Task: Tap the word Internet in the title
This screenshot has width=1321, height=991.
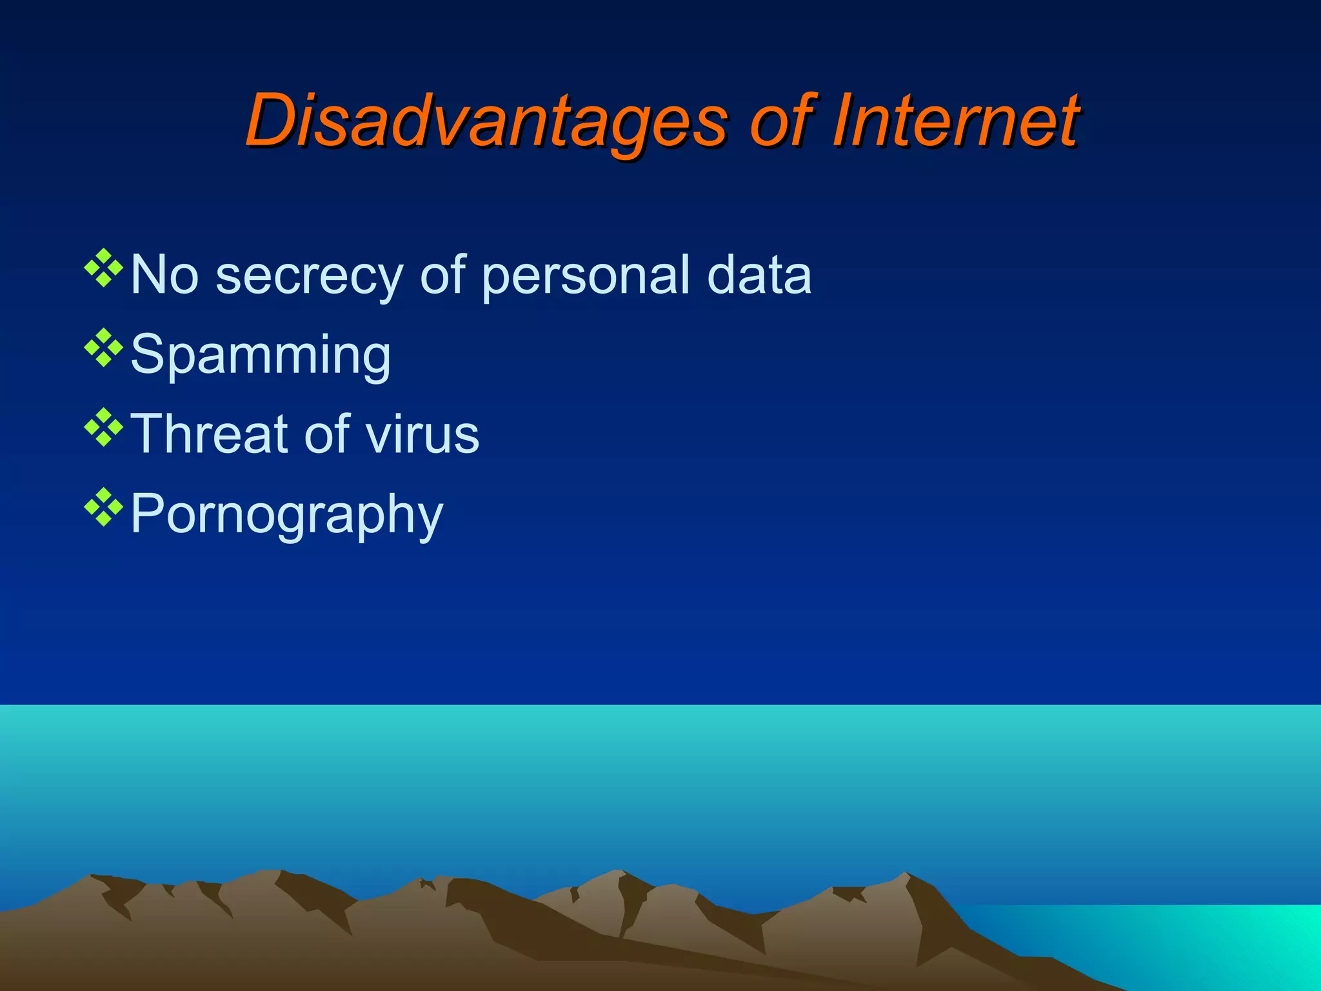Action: coord(955,121)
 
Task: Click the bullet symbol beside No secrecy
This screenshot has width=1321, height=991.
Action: coord(103,268)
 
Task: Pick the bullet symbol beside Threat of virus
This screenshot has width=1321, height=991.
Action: coord(103,428)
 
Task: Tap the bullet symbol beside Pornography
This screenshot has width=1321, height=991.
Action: coord(103,508)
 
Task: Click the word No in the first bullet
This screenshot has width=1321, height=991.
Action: coord(164,275)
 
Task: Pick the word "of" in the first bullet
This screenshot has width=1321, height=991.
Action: coord(442,275)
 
